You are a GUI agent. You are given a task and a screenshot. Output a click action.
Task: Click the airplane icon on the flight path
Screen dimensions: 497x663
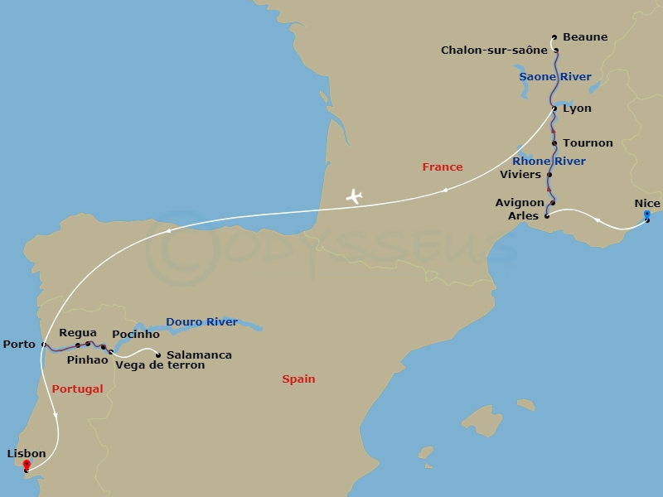[355, 196]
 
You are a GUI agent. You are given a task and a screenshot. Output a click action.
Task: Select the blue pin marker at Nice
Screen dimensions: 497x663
[647, 215]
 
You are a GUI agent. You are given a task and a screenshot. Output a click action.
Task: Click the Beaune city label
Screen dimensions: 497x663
[584, 37]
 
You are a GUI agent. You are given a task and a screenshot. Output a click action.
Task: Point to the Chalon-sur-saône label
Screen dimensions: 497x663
[494, 51]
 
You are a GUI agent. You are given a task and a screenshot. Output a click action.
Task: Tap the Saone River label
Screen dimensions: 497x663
[554, 77]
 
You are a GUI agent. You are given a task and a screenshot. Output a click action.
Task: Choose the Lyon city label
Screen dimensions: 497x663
[577, 109]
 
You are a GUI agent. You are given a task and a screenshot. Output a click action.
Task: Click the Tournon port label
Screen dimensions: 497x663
[588, 143]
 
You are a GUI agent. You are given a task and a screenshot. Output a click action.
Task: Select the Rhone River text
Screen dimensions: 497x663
[549, 162]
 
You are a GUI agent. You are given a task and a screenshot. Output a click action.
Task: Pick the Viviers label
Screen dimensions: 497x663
[520, 175]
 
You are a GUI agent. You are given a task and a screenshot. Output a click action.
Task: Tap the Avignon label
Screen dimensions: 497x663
[520, 203]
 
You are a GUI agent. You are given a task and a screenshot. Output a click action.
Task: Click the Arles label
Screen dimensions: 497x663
[522, 216]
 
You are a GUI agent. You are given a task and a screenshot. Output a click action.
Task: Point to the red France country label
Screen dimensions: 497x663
[443, 167]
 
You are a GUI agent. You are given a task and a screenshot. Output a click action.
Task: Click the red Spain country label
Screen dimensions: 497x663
[298, 379]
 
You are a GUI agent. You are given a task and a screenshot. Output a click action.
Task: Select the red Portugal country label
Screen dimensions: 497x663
[77, 389]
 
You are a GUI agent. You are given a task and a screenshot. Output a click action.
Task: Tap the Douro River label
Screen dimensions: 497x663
[201, 322]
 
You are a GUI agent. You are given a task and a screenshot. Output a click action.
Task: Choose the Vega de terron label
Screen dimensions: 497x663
[160, 365]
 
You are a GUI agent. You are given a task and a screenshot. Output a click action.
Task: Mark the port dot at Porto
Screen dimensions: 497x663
[43, 345]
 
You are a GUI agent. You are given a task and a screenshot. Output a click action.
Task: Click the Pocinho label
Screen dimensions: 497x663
[135, 334]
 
